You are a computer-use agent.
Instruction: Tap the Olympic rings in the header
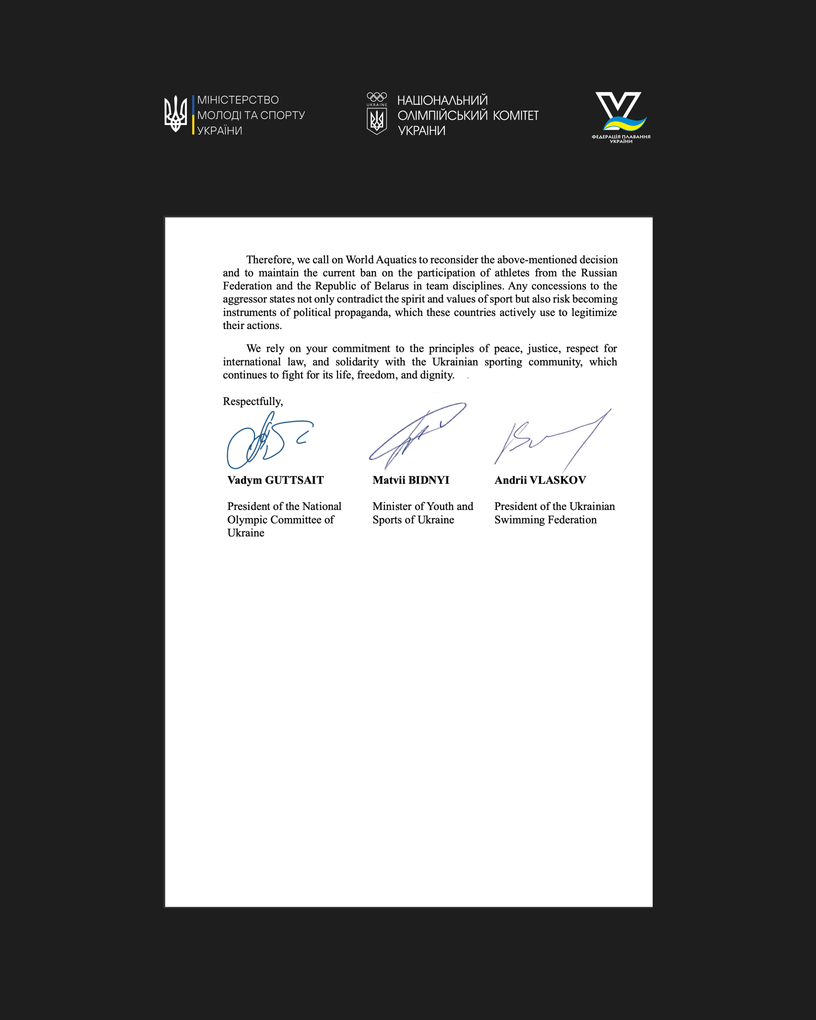[377, 96]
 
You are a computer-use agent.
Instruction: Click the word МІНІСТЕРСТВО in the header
[238, 100]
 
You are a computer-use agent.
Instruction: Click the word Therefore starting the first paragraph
[269, 260]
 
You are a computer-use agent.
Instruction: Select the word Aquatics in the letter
[396, 260]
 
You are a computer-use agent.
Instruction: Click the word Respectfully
[253, 401]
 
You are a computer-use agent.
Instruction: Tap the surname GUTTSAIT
[294, 480]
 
